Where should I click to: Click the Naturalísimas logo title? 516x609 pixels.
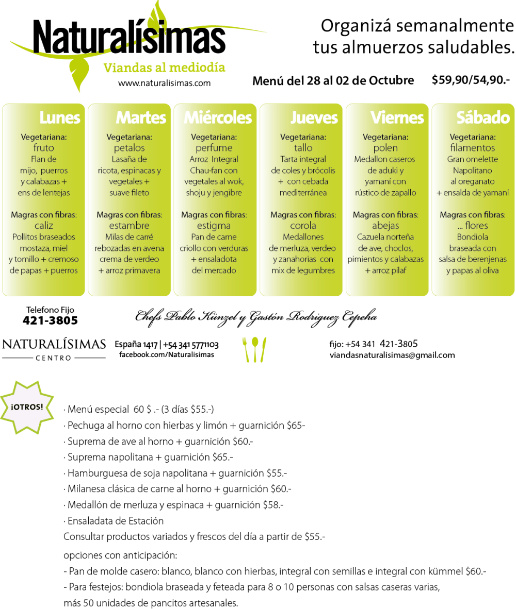(129, 37)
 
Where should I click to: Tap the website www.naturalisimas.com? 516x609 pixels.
(165, 83)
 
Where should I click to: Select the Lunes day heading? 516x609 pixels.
(59, 117)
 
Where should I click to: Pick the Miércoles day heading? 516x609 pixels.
(218, 117)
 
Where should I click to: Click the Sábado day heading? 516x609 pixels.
(483, 117)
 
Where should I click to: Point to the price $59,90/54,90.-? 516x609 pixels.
(471, 80)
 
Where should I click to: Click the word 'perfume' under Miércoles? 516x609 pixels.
(214, 148)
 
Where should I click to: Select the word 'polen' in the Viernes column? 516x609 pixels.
(385, 148)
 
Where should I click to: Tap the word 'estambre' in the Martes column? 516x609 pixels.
(129, 226)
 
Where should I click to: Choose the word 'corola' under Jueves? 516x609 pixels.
(303, 226)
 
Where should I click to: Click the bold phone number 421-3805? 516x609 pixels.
(50, 320)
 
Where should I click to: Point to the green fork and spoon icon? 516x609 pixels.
(254, 349)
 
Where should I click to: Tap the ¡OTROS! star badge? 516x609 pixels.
(27, 407)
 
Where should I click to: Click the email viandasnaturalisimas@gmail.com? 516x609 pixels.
(392, 355)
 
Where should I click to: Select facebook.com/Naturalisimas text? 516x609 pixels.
(167, 354)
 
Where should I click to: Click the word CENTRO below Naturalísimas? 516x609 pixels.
(54, 358)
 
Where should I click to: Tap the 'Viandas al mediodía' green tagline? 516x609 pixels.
(164, 67)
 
